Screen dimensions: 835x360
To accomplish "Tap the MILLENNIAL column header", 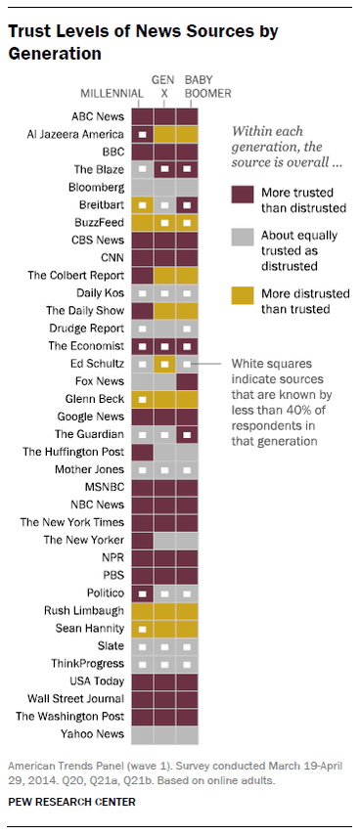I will (x=111, y=94).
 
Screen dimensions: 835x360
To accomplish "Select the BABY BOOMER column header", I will (x=187, y=87).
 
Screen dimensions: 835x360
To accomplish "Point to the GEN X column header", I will (x=163, y=87).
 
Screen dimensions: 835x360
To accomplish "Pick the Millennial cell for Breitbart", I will (x=142, y=204).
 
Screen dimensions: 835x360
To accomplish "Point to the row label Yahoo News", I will (x=94, y=733).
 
